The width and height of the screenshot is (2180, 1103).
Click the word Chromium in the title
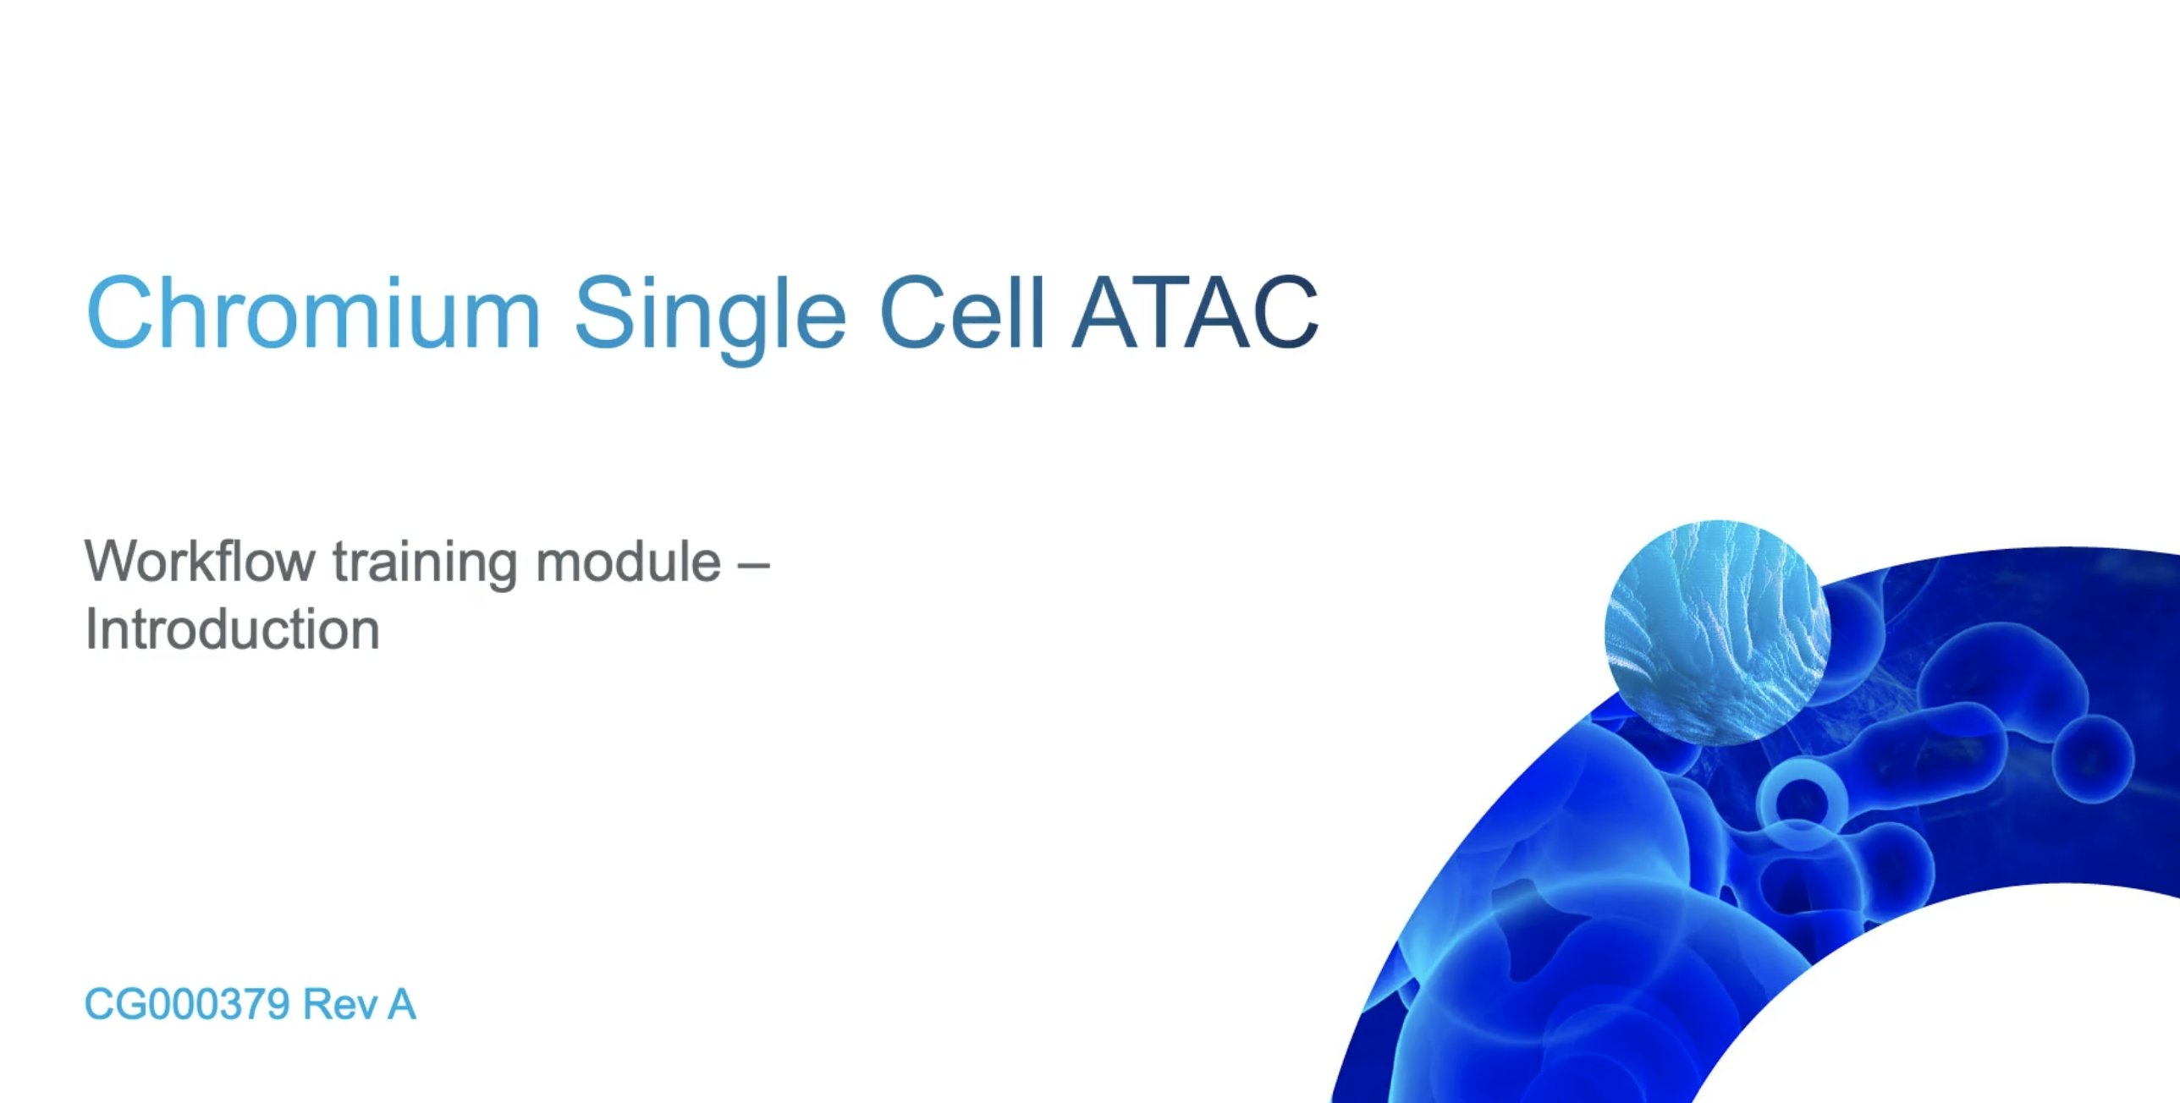313,313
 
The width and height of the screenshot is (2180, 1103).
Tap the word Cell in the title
962,313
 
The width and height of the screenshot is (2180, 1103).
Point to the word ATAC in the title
1194,313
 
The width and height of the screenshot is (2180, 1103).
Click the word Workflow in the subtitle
200,562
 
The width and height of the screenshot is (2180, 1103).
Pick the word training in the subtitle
425,563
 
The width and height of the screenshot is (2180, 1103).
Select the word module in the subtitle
628,562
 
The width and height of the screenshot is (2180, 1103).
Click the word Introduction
232,630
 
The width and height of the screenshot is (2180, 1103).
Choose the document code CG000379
187,1005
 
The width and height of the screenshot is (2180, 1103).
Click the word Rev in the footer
339,1005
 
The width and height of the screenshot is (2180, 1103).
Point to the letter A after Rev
401,1005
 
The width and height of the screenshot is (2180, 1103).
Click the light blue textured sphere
1717,632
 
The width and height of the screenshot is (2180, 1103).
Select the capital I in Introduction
91,630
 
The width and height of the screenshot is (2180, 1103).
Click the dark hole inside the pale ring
1802,800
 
